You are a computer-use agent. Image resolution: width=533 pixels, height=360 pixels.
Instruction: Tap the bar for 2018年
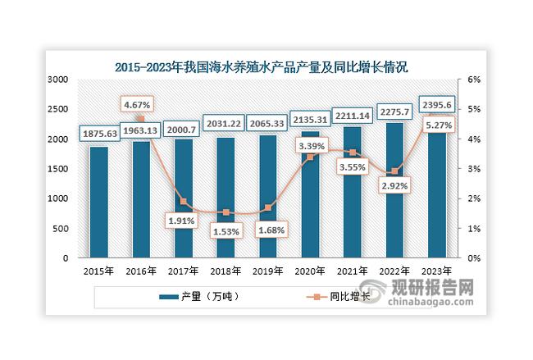click(x=225, y=198)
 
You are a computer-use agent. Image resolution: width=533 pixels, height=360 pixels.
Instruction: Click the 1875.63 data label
click(x=98, y=134)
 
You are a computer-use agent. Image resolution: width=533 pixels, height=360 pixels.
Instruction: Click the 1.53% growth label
click(x=222, y=230)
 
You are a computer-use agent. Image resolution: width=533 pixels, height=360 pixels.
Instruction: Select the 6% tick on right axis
click(x=474, y=80)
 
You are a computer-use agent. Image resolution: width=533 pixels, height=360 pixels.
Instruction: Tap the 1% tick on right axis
click(x=474, y=228)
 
